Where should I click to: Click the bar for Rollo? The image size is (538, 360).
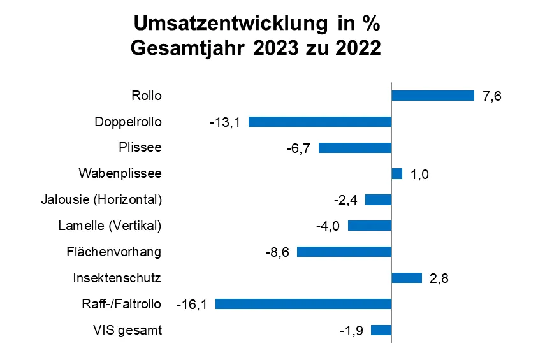tap(432, 96)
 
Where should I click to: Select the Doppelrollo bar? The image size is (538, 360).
tap(319, 122)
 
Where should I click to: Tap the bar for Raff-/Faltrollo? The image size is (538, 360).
tap(303, 304)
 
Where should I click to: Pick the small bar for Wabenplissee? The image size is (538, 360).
tap(396, 174)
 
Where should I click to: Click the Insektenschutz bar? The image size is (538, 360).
tap(406, 278)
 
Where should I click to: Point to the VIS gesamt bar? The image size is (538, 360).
tap(381, 330)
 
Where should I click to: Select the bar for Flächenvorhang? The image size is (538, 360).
tap(344, 252)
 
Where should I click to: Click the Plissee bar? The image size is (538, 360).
tap(354, 148)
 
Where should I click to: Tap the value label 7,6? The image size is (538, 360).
tap(492, 96)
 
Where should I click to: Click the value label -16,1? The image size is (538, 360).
tap(192, 305)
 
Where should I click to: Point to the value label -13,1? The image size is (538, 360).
tap(225, 122)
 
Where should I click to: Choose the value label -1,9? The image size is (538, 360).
tap(350, 331)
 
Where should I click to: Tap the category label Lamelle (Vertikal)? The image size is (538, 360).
tap(110, 226)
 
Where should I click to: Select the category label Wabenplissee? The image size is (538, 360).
tap(120, 173)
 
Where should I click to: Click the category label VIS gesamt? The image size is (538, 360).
tap(127, 330)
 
